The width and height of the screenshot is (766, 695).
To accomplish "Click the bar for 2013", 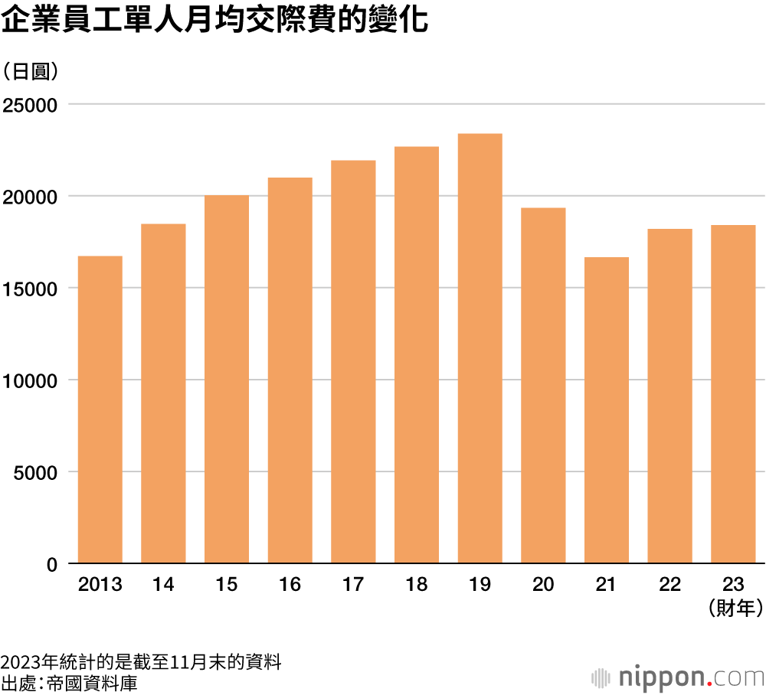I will coord(100,409).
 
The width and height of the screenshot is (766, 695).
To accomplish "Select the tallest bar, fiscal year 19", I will coord(480,348).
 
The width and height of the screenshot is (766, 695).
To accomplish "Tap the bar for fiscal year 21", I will coord(607,410).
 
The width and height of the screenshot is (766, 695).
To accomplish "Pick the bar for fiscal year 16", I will coord(290,370).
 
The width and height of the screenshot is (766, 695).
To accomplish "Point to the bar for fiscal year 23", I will coord(733,394).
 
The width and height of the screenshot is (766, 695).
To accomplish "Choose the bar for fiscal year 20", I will coord(543,386).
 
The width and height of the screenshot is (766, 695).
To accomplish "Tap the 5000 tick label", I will coord(35,473).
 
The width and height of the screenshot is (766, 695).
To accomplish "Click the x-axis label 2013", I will coord(100,586).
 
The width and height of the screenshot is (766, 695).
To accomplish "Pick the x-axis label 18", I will coord(417,586).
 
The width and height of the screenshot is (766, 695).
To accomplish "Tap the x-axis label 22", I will coord(670,586).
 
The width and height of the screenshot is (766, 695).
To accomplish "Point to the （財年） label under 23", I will coord(733,609).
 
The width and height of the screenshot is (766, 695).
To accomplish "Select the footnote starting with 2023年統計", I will coord(141,662).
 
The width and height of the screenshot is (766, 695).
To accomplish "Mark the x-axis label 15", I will coord(227,586).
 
